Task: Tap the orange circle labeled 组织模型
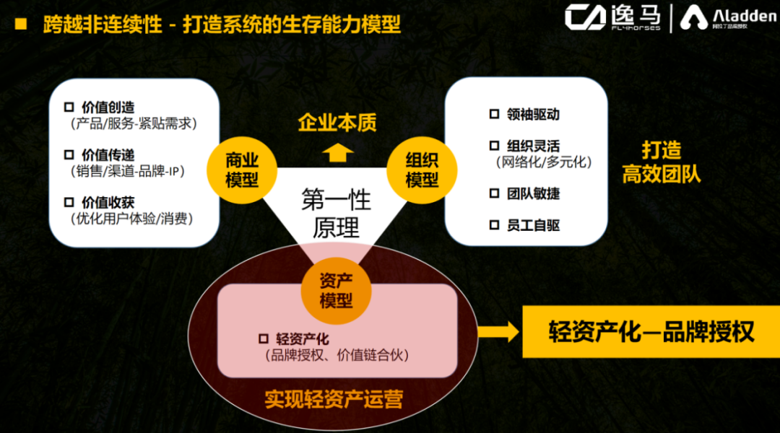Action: pyautogui.click(x=422, y=170)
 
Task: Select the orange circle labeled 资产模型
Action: pyautogui.click(x=334, y=289)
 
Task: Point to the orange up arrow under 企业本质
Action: pyautogui.click(x=337, y=152)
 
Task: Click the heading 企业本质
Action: pyautogui.click(x=337, y=122)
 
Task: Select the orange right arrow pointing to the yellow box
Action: pyautogui.click(x=498, y=331)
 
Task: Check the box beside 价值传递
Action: pyautogui.click(x=69, y=154)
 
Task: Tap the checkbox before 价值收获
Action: pyautogui.click(x=69, y=202)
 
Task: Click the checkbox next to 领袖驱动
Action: pyautogui.click(x=494, y=114)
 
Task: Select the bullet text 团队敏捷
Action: pyautogui.click(x=533, y=193)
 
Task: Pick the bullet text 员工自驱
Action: pyautogui.click(x=533, y=225)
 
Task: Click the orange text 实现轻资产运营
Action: pyautogui.click(x=334, y=399)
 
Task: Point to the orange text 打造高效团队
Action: pyautogui.click(x=662, y=162)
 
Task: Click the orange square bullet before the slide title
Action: pyautogui.click(x=21, y=25)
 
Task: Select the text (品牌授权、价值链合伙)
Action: pyautogui.click(x=337, y=355)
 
